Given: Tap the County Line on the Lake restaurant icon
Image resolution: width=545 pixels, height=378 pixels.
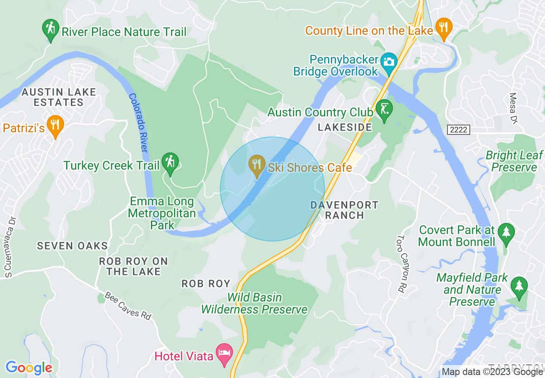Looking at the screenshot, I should pyautogui.click(x=443, y=28).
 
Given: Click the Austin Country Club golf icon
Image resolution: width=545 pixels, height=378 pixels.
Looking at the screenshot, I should pyautogui.click(x=384, y=110).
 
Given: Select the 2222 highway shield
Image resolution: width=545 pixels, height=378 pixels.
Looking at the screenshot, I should pyautogui.click(x=459, y=130).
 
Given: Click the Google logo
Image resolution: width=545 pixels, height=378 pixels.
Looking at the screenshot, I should pyautogui.click(x=29, y=368).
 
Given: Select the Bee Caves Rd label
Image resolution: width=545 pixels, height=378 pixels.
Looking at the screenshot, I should pyautogui.click(x=128, y=306).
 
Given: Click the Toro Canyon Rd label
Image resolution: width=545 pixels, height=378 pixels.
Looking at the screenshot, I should pyautogui.click(x=402, y=264).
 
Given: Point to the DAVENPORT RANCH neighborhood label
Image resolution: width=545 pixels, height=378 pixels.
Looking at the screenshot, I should pyautogui.click(x=345, y=210).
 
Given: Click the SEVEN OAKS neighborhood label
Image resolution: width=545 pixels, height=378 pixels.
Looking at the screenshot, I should pyautogui.click(x=72, y=246).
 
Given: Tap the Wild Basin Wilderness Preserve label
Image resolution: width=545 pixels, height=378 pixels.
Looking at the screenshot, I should pyautogui.click(x=254, y=303).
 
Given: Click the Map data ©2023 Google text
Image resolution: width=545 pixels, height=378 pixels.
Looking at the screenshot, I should pyautogui.click(x=492, y=372).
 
